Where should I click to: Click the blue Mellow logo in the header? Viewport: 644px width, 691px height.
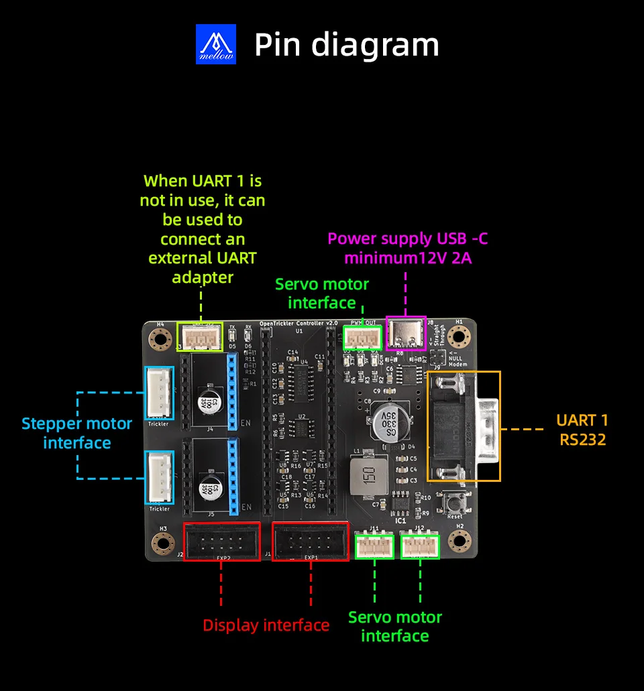coord(216,44)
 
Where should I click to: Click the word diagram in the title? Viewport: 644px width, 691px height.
coord(375,45)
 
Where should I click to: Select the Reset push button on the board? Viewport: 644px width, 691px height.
coord(455,502)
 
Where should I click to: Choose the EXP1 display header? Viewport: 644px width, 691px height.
coord(310,542)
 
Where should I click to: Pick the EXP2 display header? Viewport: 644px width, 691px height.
coord(222,542)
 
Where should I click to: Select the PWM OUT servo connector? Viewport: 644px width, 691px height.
coord(362,336)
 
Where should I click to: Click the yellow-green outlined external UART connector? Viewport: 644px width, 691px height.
coord(200,336)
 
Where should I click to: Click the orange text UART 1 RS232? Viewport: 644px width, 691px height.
coord(582,430)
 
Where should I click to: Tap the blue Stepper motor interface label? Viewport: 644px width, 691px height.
coord(76,433)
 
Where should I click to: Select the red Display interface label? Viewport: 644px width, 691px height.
coord(266,625)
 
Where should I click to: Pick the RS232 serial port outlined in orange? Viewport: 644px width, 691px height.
coord(464,426)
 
